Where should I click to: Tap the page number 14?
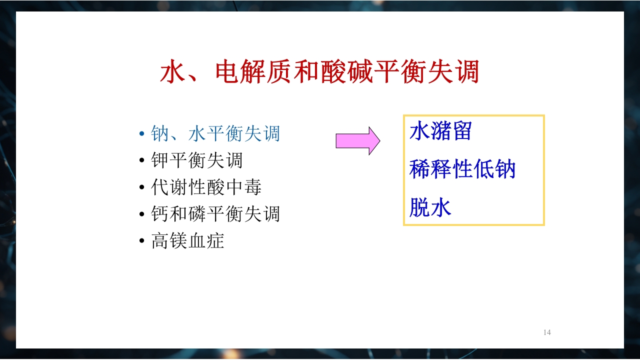547,332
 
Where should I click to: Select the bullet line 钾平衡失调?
196,160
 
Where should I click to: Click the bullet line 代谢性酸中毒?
206,187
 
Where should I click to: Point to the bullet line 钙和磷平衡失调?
215,214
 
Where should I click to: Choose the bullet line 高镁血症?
187,241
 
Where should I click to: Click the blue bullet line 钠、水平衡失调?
215,133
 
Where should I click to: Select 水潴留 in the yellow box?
440,131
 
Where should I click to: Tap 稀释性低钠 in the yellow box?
462,169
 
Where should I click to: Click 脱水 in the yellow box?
430,207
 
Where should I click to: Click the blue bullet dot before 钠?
142,134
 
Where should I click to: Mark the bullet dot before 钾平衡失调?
142,161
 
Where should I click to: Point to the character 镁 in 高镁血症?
178,241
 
